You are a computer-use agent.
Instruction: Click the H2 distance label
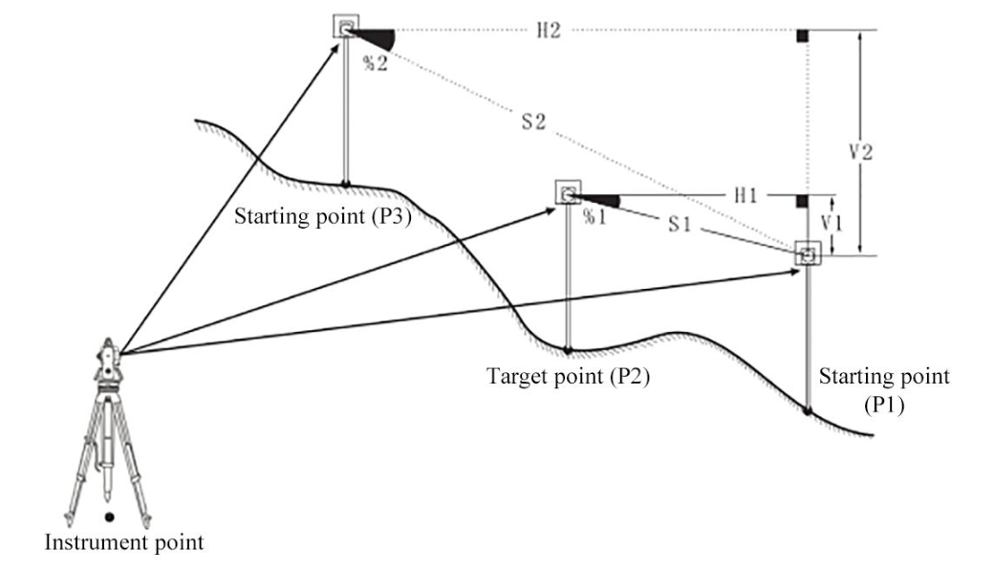tap(548, 30)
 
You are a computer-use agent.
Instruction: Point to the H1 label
tap(745, 194)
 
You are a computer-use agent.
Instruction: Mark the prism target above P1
tap(809, 255)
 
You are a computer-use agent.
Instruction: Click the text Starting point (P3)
tap(323, 216)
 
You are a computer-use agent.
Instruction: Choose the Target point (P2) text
tap(569, 376)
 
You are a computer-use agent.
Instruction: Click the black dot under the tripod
tap(110, 516)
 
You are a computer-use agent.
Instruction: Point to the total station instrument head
tap(106, 361)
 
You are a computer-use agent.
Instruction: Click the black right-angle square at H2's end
tap(803, 36)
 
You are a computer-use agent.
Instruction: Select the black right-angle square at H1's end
tap(803, 202)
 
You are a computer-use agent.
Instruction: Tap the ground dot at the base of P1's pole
tap(809, 411)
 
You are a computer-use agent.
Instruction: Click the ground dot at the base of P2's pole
tap(568, 349)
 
